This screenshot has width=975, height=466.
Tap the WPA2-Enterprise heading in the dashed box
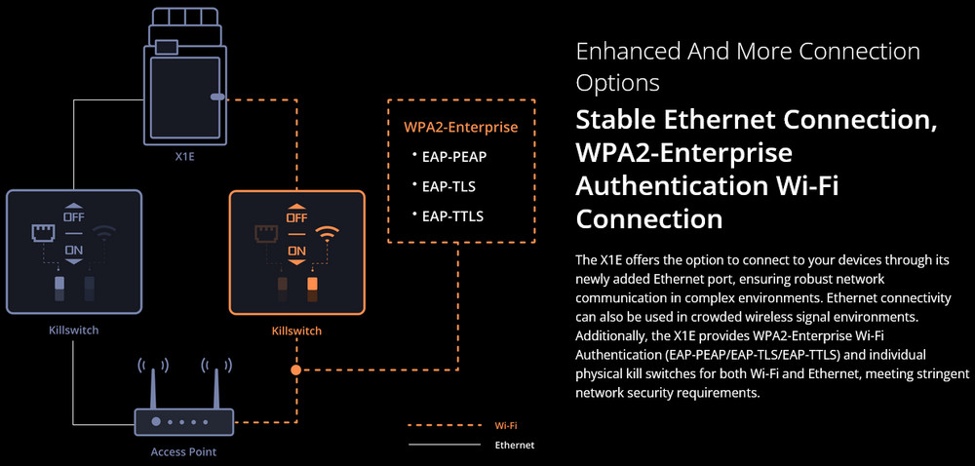(x=460, y=127)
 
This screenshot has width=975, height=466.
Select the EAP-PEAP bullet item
(x=454, y=156)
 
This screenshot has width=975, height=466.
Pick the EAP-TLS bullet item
(x=449, y=185)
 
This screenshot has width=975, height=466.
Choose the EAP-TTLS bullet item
(x=452, y=215)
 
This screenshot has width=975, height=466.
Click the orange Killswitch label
(x=296, y=331)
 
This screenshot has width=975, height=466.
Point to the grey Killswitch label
(x=73, y=330)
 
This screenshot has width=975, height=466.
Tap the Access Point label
(x=183, y=451)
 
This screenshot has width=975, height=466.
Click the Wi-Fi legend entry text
(x=505, y=425)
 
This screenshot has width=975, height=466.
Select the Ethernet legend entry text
(x=515, y=445)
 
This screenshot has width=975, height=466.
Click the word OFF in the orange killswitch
(x=296, y=217)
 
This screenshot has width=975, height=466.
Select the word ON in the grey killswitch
(x=74, y=250)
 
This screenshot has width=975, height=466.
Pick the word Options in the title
(x=617, y=81)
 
